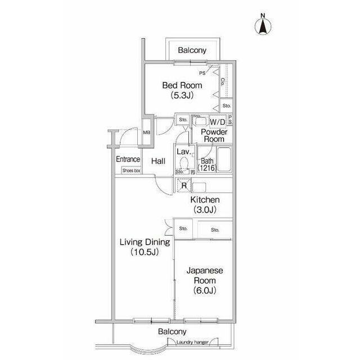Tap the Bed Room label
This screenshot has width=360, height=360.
182,85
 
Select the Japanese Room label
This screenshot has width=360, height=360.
205,275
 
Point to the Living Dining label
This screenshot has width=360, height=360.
145,242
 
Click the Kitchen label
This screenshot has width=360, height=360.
205,200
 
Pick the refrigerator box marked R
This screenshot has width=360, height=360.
184,185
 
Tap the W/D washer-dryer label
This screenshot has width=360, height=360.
217,122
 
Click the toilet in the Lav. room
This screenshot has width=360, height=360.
184,164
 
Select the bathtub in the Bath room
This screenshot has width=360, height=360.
224,159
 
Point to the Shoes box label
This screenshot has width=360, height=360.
131,170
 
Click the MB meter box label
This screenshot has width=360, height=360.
146,133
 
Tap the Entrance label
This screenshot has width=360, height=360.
128,159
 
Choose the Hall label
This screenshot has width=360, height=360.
159,161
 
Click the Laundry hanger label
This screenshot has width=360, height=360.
192,343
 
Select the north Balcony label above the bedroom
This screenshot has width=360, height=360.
192,50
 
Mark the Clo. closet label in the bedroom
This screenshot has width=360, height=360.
223,82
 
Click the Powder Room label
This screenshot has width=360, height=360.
214,136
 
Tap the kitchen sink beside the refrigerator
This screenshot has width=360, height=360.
199,187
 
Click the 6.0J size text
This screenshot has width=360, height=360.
205,290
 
